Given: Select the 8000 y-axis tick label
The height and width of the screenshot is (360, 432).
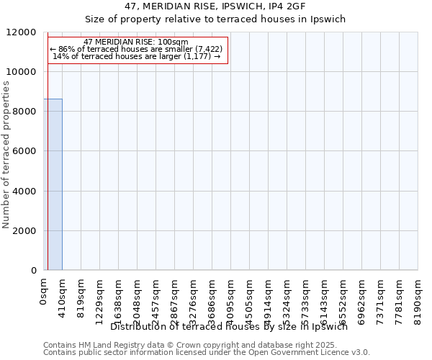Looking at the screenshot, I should [24, 112].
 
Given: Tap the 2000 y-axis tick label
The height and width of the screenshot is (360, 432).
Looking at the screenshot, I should [24, 231].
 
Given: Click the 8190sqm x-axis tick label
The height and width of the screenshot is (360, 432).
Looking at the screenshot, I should [418, 299].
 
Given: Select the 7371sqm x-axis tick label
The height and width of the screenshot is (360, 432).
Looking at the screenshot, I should [380, 299].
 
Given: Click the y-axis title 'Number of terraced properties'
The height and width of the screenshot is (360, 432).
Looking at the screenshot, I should [6, 155].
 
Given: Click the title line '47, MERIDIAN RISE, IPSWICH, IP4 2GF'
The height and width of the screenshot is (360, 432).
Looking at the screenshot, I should [216, 6].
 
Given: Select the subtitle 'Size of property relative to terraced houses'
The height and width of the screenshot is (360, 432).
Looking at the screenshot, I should [216, 19].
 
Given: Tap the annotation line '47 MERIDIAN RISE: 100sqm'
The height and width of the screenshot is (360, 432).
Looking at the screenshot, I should [136, 42].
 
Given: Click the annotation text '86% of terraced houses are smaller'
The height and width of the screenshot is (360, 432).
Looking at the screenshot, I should [136, 49].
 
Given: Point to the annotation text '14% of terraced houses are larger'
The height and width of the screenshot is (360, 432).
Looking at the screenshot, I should [136, 56].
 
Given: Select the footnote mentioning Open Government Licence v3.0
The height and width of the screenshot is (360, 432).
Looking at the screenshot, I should [207, 353].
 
